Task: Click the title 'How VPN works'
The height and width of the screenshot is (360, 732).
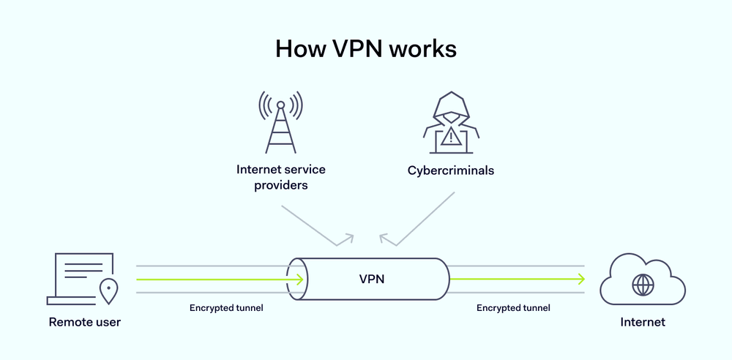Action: (x=365, y=48)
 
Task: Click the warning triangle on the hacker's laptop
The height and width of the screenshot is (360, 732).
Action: (x=451, y=137)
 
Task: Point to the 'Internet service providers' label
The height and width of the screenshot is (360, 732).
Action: (x=280, y=177)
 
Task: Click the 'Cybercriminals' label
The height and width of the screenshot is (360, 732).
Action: (x=451, y=170)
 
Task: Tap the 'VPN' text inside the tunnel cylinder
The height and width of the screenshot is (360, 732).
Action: (x=372, y=279)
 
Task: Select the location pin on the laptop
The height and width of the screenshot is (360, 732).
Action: (x=109, y=289)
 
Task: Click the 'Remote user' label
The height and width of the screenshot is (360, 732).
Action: (x=85, y=322)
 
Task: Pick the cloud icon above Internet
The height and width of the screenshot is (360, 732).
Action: (x=642, y=280)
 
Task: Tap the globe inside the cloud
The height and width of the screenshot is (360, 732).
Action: (x=643, y=285)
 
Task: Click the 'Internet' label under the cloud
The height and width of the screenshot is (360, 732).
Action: (x=643, y=322)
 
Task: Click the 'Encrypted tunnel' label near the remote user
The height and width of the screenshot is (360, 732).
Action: (x=226, y=308)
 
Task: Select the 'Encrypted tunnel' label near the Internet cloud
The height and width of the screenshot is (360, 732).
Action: (x=513, y=308)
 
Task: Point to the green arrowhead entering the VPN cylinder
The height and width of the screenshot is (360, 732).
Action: (x=299, y=279)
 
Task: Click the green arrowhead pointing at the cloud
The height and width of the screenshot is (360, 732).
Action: (x=581, y=279)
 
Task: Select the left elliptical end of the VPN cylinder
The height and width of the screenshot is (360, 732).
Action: (x=296, y=279)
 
